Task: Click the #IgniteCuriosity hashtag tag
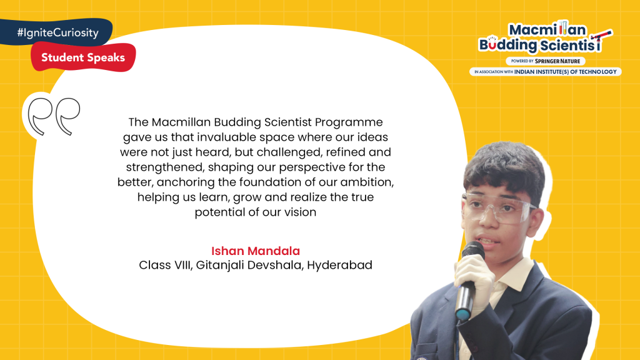click(56, 32)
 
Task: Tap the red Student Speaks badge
click(83, 57)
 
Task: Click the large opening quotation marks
click(53, 116)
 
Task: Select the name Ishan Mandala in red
click(256, 251)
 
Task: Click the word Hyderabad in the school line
click(339, 265)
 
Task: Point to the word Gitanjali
click(219, 265)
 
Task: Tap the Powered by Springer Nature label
click(545, 61)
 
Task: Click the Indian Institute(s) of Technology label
click(545, 72)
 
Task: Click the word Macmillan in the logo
click(547, 30)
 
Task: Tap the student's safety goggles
click(499, 207)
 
